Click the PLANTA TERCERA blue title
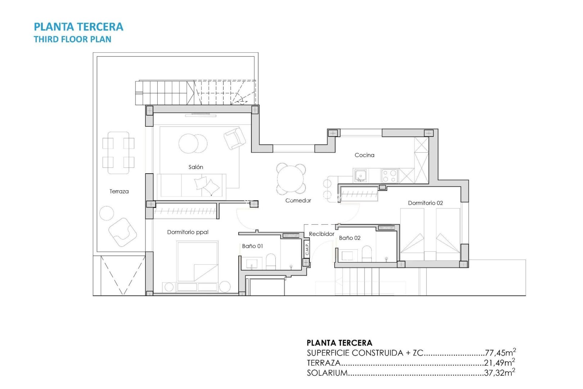coord(78,27)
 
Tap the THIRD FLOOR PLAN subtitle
coord(72,39)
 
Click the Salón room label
coord(196,167)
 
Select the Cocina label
coord(364,155)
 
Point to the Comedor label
coord(298,201)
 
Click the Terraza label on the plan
coord(119,192)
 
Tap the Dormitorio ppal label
coord(187,232)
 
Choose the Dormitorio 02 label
coord(425,203)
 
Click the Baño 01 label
coord(252,246)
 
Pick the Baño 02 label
coord(349,238)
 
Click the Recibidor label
coord(321,234)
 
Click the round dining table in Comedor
coord(291,179)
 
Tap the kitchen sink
coord(360,176)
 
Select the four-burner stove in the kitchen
coord(389,176)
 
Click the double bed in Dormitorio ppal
coord(197,261)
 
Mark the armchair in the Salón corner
coord(235,138)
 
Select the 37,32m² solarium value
coord(500,373)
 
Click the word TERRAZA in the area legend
coord(324,363)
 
